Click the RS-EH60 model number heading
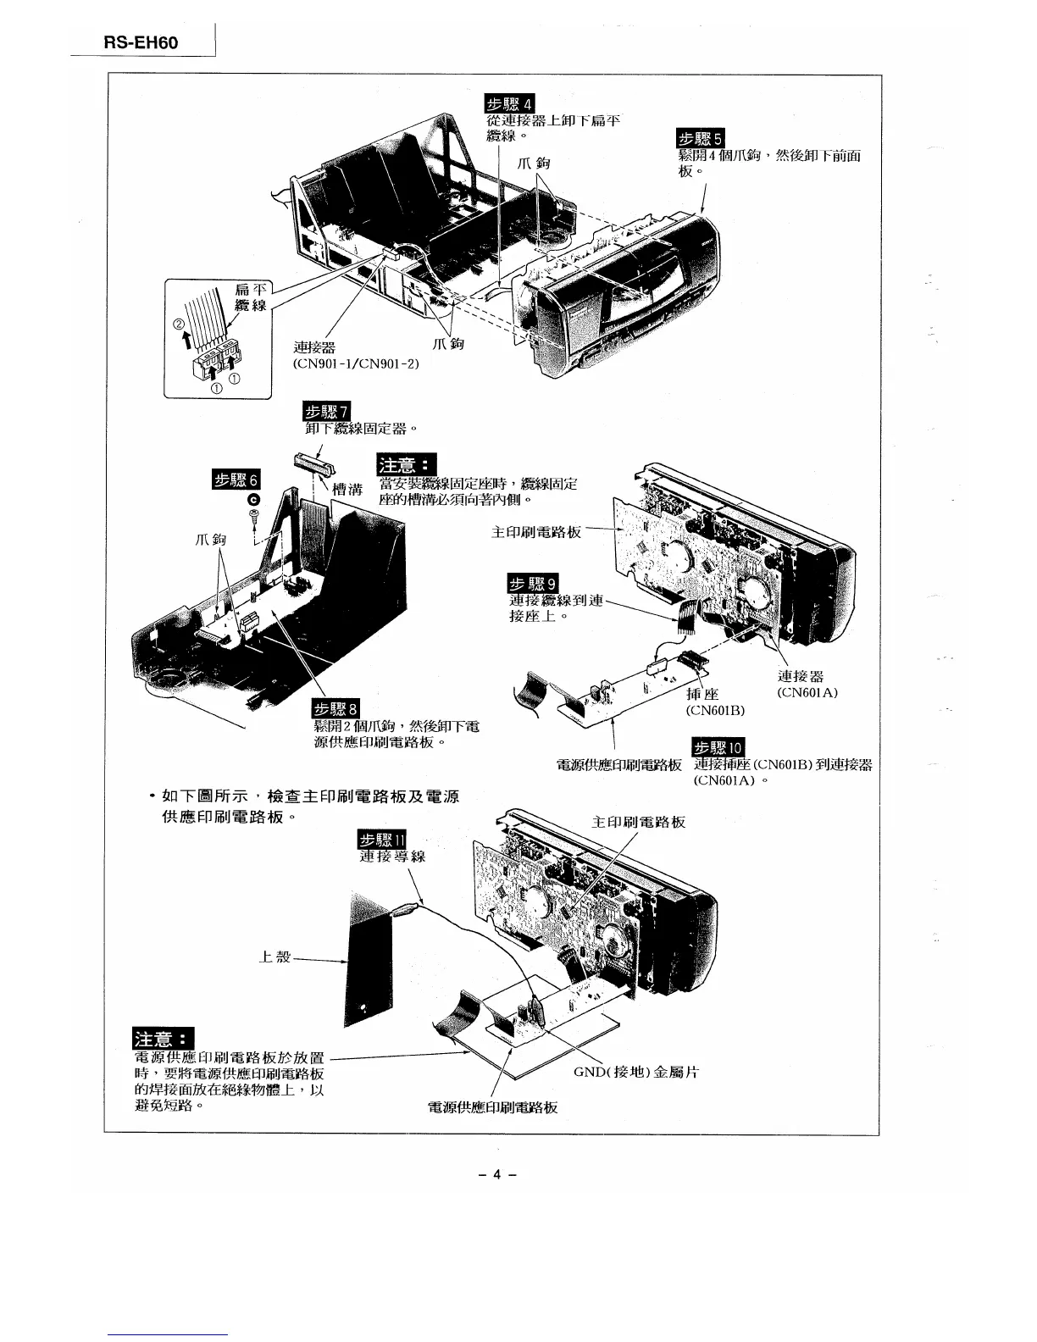(141, 42)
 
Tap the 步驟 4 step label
(508, 104)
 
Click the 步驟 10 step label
(718, 747)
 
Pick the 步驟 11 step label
(384, 840)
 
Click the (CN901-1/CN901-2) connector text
(356, 363)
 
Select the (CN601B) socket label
(715, 710)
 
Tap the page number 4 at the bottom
(498, 1174)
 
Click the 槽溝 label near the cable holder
(348, 488)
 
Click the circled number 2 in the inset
(179, 324)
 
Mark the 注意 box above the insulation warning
(164, 1038)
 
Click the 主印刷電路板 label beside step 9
(536, 532)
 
